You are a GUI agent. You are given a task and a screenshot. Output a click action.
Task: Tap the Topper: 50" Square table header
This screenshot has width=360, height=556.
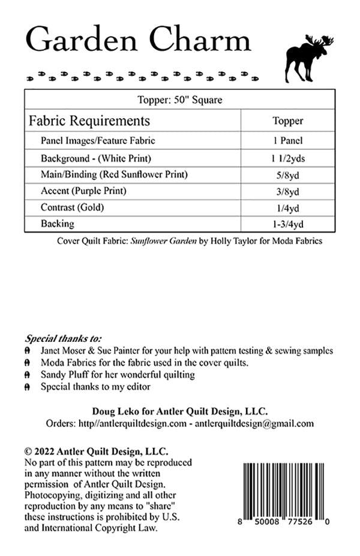(180, 100)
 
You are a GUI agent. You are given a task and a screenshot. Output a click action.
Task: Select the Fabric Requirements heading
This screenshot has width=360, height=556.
(89, 121)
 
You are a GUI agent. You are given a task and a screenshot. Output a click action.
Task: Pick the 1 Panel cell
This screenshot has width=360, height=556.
(287, 141)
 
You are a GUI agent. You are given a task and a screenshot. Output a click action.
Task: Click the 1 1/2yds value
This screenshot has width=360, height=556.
(287, 158)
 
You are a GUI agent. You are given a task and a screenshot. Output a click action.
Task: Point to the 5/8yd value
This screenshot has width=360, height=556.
(287, 175)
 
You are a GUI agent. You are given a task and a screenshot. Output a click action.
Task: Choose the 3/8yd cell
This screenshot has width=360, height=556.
(287, 192)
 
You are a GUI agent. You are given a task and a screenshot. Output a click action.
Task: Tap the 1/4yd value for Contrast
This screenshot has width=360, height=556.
(287, 208)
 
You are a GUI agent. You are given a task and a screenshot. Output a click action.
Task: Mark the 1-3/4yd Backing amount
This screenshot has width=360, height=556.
(287, 225)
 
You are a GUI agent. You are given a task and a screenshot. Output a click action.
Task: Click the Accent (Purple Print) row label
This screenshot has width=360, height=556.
(83, 191)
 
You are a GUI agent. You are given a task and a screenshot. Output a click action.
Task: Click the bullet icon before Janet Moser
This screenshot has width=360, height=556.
(28, 350)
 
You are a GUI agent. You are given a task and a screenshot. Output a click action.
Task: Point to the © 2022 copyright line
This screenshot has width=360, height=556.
(96, 451)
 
